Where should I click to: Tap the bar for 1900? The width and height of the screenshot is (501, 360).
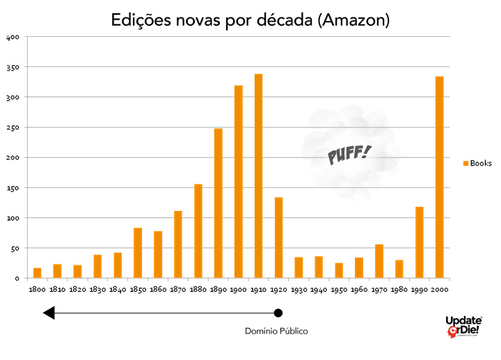point(238,182)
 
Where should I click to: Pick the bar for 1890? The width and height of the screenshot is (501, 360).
point(218,203)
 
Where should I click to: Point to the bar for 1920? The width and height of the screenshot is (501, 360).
point(278,237)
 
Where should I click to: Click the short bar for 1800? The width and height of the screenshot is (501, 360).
point(37,273)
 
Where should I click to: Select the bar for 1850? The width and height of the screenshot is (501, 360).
point(138,253)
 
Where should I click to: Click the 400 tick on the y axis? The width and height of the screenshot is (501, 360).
point(13,37)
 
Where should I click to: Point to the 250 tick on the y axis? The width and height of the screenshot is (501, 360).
point(13,127)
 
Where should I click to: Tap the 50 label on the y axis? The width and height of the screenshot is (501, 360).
point(15,249)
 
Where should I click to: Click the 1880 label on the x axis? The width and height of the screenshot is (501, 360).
point(198,289)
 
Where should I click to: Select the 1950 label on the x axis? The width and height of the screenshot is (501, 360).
point(339,289)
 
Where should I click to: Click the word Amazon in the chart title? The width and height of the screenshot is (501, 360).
point(353,20)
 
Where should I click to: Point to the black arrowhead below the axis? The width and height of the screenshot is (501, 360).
point(49,313)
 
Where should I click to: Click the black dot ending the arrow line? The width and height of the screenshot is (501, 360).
point(278,313)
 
